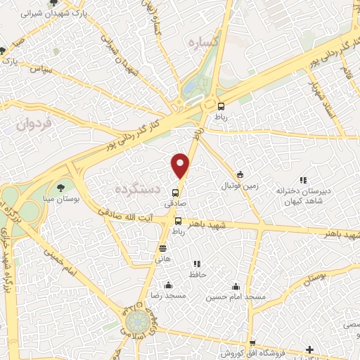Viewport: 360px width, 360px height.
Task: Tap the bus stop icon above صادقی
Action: [176, 193]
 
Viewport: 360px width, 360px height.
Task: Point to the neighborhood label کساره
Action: [205, 43]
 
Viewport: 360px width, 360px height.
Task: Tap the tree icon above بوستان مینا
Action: [60, 188]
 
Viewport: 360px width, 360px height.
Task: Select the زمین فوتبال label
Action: [240, 186]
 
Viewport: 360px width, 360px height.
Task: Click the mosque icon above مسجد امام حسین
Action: [236, 287]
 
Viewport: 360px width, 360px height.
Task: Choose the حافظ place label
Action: [198, 274]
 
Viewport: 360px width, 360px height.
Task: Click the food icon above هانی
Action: [163, 248]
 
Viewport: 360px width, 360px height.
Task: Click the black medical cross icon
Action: [309, 349]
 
